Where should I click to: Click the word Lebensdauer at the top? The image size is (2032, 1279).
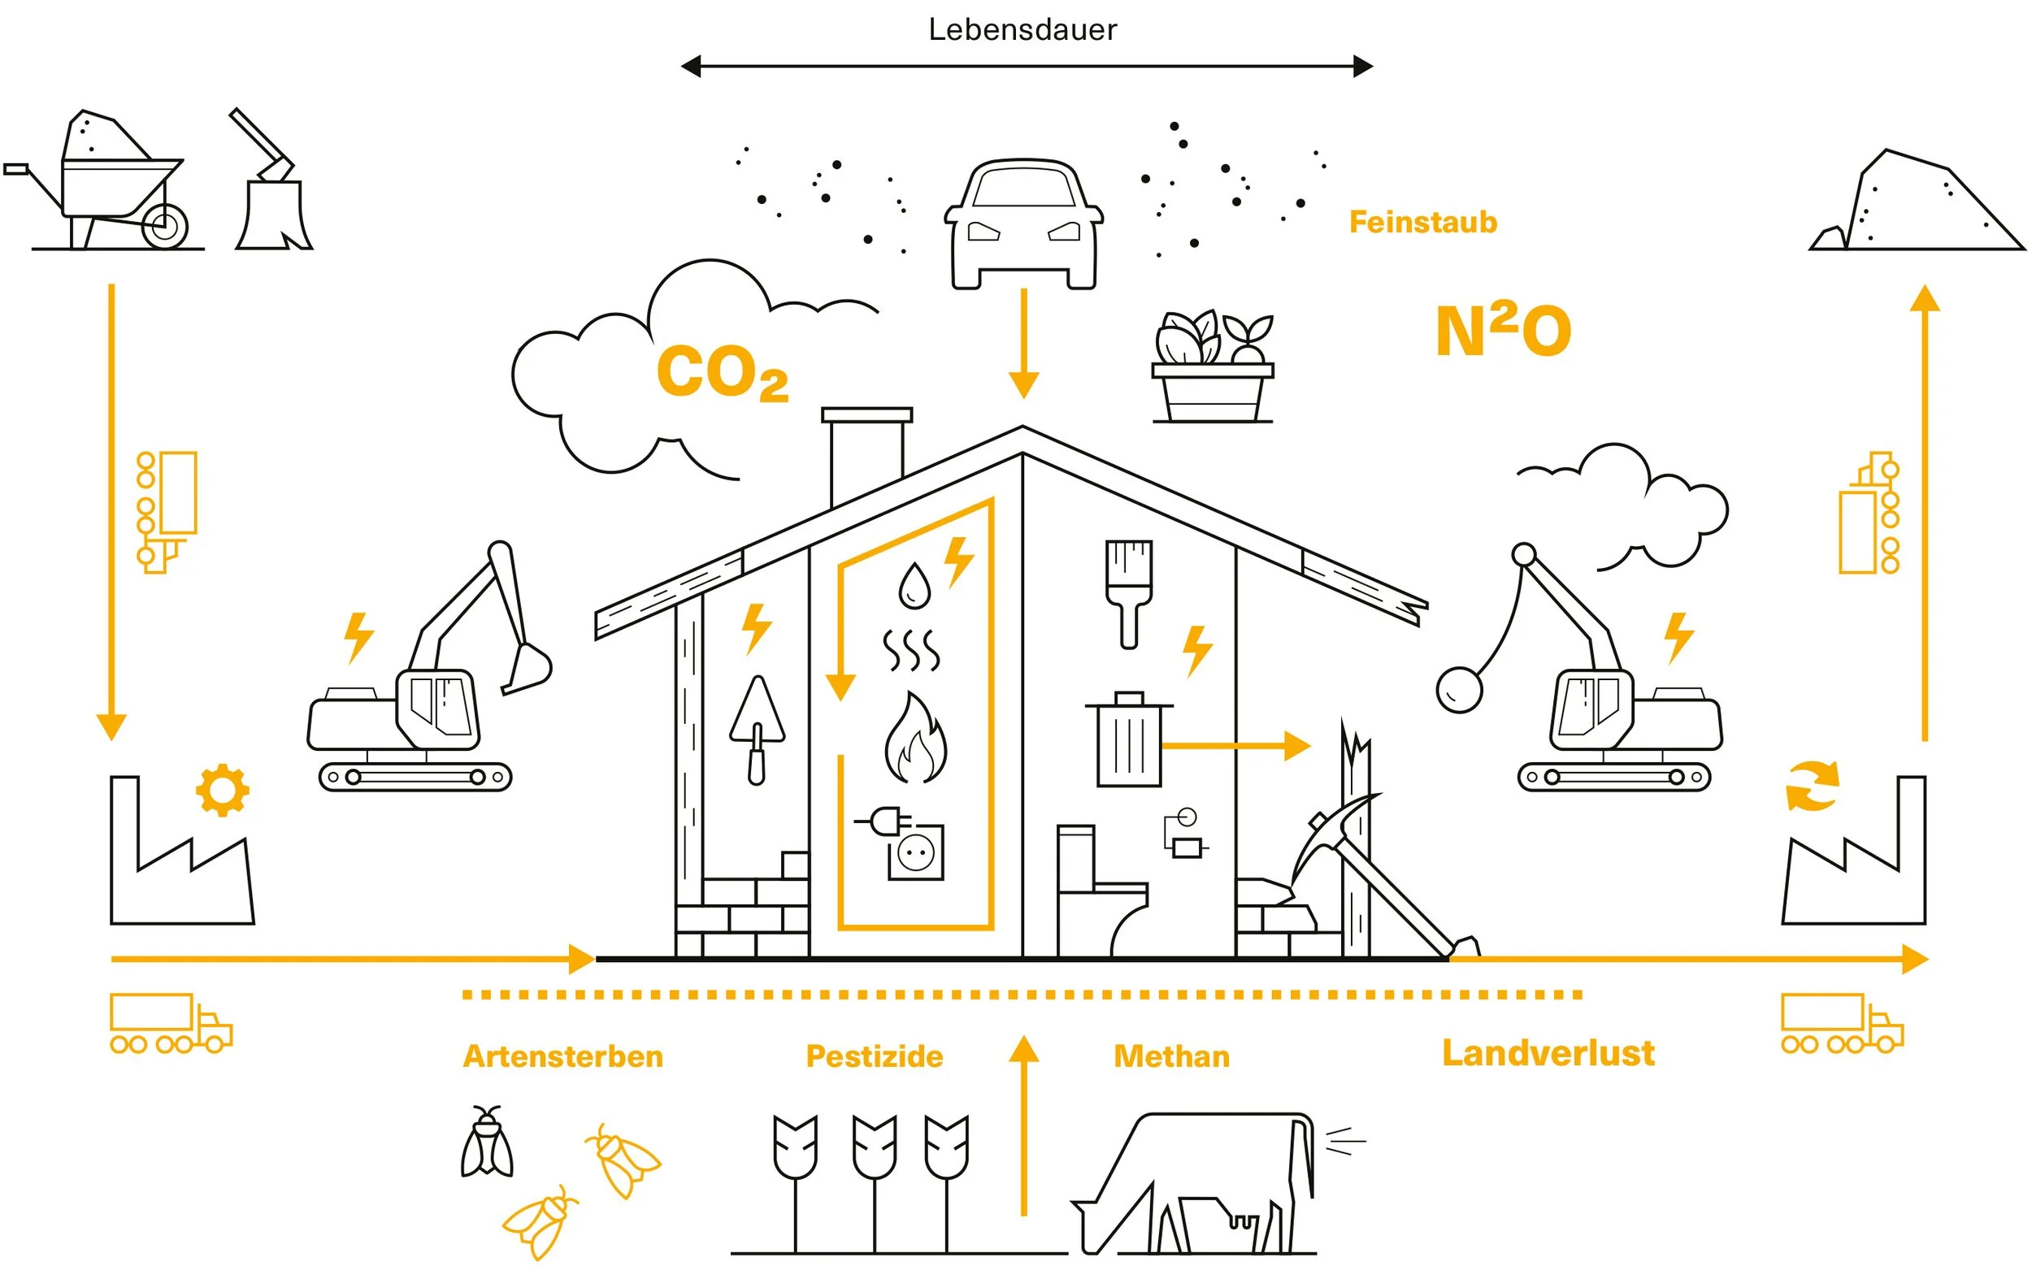coord(1022,30)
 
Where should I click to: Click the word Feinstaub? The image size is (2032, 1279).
coord(1422,222)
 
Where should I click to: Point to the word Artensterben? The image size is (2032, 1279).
coord(562,1056)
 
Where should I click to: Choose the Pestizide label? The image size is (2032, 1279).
coord(875,1056)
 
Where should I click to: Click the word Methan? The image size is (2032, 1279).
coord(1171,1056)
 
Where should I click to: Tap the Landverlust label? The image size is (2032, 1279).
coord(1548,1053)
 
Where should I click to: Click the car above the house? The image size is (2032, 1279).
coord(1023,223)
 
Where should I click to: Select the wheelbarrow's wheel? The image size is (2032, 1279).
coord(164,225)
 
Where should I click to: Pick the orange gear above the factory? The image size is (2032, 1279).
coord(222,790)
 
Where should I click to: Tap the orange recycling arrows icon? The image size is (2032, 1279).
coord(1813,786)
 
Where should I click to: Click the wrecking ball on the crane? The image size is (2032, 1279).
coord(1459,689)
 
